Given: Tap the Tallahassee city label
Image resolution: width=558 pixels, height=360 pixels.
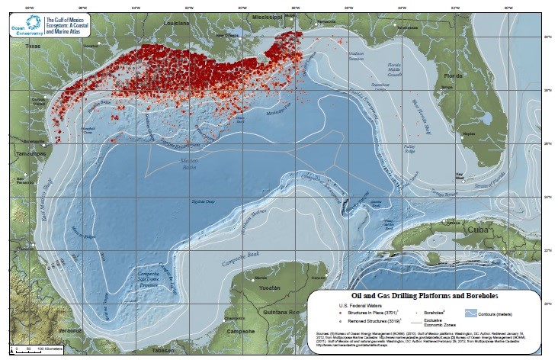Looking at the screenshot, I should (396, 24).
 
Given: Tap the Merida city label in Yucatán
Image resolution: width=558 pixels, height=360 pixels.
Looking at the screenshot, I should (261, 278).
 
